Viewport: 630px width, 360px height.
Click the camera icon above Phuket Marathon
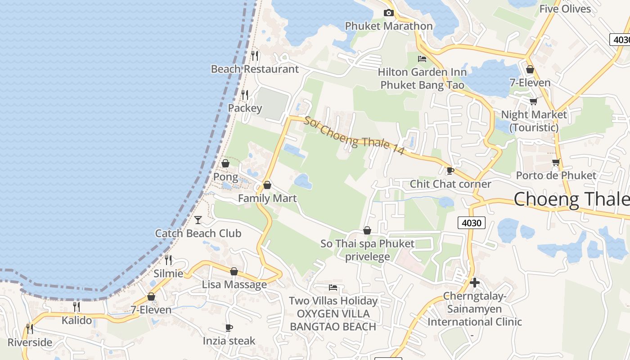(388, 13)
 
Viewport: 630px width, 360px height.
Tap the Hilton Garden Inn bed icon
(422, 58)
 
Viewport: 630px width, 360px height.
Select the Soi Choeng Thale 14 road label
(354, 135)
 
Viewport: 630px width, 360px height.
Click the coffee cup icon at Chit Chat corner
(450, 171)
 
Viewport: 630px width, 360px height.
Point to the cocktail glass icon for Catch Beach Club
(198, 220)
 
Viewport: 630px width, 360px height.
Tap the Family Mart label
(267, 198)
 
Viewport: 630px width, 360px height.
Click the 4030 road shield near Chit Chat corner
(471, 222)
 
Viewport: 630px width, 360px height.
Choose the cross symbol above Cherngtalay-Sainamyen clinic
(474, 283)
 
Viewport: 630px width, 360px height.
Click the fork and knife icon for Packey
(245, 95)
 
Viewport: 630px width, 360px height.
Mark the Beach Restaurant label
(255, 69)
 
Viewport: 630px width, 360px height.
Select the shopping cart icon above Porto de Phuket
(556, 162)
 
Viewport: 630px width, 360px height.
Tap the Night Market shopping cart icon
(534, 101)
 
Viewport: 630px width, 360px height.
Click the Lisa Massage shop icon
(234, 271)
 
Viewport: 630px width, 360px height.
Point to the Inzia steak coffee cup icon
(229, 328)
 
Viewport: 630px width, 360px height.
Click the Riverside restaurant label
(30, 342)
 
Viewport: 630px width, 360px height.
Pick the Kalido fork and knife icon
(76, 307)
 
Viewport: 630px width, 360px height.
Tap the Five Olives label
(565, 9)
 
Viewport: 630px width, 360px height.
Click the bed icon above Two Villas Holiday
(333, 287)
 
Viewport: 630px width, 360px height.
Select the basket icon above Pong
(225, 163)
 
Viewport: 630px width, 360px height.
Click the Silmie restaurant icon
(168, 260)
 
